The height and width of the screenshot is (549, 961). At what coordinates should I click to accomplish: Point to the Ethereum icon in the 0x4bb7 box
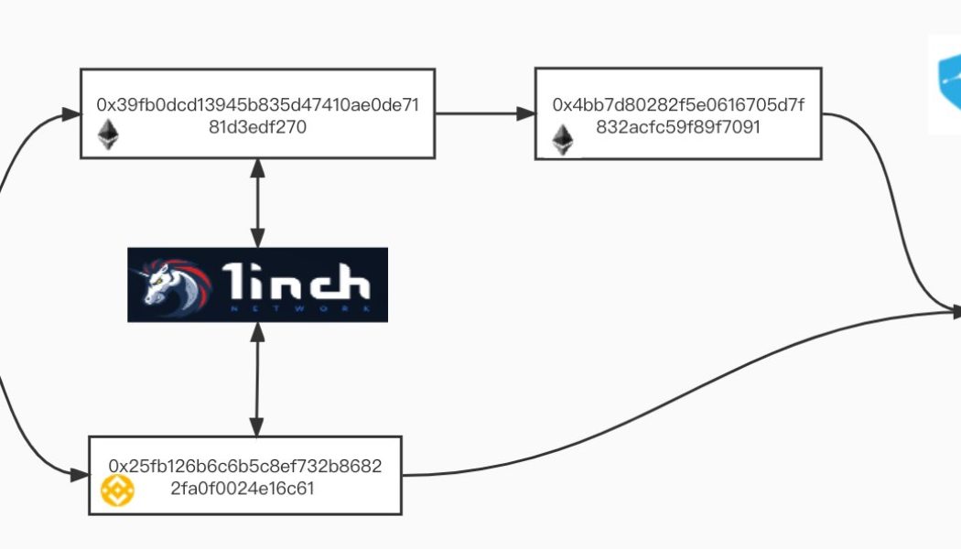point(562,139)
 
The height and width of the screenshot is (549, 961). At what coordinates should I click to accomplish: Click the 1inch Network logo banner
point(257,285)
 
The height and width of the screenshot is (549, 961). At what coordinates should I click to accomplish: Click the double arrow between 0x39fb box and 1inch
point(257,202)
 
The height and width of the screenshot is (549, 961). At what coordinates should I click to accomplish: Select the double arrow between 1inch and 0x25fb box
point(257,379)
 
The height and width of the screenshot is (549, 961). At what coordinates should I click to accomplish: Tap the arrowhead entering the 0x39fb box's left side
point(70,114)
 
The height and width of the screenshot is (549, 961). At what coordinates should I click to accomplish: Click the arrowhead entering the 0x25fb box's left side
point(79,474)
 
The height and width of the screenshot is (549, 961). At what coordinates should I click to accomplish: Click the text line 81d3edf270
point(257,127)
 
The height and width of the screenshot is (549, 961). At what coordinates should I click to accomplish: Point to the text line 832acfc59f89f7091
point(677,127)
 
